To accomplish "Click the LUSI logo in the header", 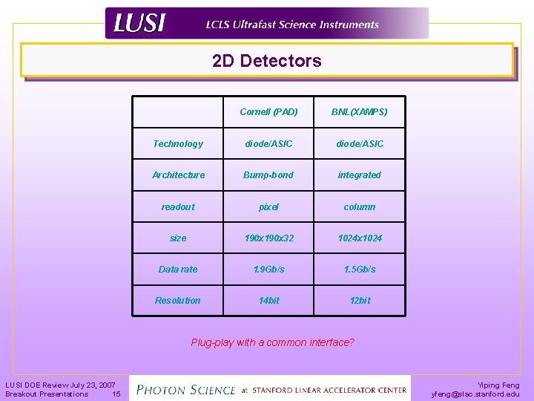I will [139, 24].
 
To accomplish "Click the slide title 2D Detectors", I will [267, 61].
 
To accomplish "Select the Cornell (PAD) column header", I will [269, 112].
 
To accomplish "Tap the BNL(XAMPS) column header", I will [360, 112].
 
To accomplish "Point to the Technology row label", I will [178, 143].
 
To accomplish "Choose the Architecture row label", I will [178, 175].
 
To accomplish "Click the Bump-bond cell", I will [269, 175].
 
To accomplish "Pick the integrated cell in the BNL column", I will [360, 175].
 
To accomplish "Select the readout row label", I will [178, 206].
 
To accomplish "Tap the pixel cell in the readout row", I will [269, 206].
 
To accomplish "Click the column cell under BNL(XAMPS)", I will [360, 206].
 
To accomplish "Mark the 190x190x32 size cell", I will [269, 238].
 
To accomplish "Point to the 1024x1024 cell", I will [360, 238].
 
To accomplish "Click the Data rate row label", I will [178, 270].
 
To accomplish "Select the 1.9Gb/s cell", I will [269, 270].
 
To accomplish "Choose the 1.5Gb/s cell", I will [360, 270].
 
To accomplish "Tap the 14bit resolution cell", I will [269, 301].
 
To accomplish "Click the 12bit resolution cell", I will [360, 301].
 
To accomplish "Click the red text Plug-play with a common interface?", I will [273, 342].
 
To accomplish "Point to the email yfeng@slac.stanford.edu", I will [475, 394].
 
